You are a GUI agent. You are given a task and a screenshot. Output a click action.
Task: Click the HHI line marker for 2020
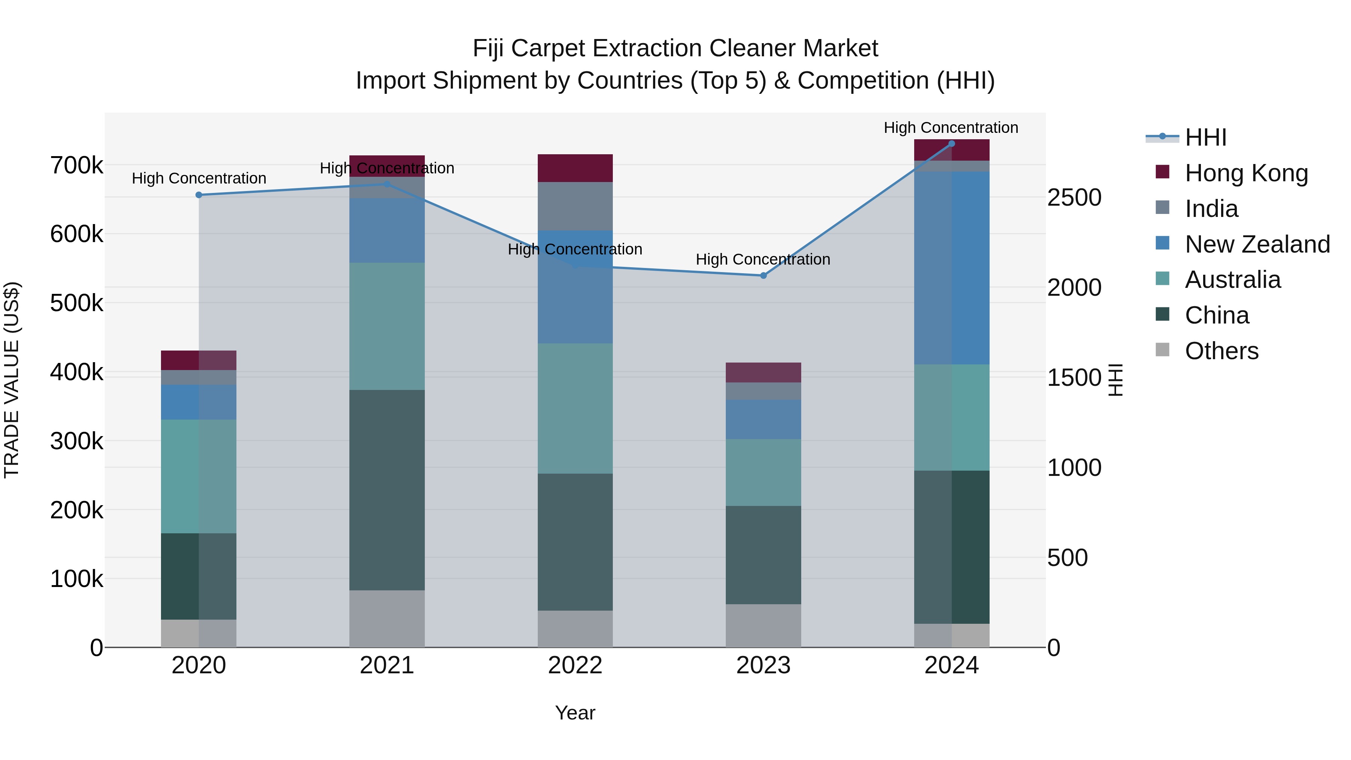(x=199, y=195)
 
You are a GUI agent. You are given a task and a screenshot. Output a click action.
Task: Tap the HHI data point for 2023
(x=763, y=275)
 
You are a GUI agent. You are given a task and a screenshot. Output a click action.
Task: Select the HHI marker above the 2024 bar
(x=951, y=144)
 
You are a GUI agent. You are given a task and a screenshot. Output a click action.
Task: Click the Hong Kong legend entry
(x=1246, y=173)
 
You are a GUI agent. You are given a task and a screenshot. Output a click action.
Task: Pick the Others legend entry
(x=1222, y=351)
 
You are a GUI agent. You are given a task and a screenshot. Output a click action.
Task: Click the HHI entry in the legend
(x=1205, y=137)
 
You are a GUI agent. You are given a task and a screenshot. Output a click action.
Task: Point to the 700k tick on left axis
(x=77, y=166)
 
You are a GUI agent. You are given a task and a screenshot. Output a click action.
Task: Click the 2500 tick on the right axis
(x=1074, y=198)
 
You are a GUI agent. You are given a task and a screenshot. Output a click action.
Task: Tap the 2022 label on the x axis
(x=575, y=665)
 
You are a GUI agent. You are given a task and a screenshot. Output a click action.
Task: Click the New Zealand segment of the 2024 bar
(x=951, y=268)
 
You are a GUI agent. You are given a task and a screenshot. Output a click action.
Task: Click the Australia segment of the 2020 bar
(x=199, y=476)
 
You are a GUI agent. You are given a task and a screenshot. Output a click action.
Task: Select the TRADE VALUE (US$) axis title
(x=12, y=380)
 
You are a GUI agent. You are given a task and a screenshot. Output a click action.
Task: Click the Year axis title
(x=575, y=713)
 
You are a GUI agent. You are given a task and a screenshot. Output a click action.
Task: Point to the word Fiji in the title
(x=487, y=48)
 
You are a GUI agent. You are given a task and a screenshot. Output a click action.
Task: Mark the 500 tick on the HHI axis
(x=1067, y=558)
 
